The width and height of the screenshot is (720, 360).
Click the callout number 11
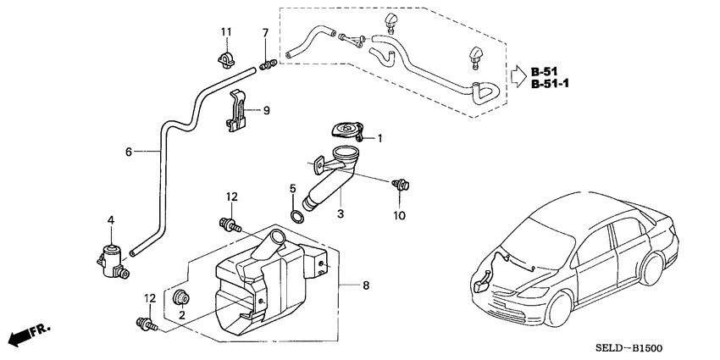pyautogui.click(x=226, y=32)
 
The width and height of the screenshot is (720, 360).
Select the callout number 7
pyautogui.click(x=264, y=33)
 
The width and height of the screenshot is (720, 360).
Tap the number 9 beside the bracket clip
pyautogui.click(x=266, y=110)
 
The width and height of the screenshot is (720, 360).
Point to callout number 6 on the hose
pyautogui.click(x=129, y=152)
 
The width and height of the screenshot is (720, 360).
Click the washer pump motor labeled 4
pyautogui.click(x=111, y=257)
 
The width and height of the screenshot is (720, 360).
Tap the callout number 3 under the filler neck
pyautogui.click(x=341, y=214)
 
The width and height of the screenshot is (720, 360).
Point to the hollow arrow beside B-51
pyautogui.click(x=516, y=77)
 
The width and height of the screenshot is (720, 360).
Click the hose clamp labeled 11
pyautogui.click(x=226, y=62)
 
